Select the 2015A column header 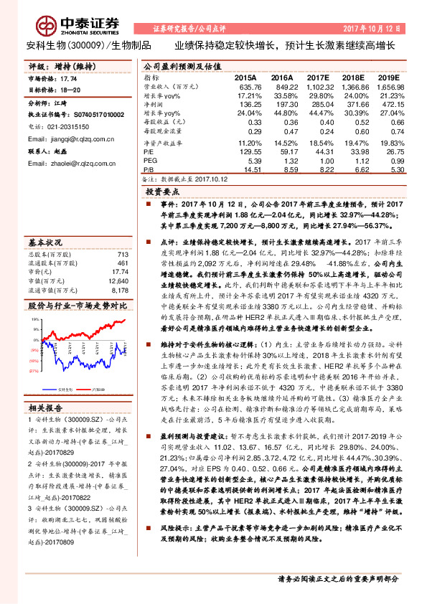(x=246, y=76)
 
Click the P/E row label (x=149, y=151)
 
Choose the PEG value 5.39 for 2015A (x=253, y=161)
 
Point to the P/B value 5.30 (x=391, y=170)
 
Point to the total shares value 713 (x=122, y=254)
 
